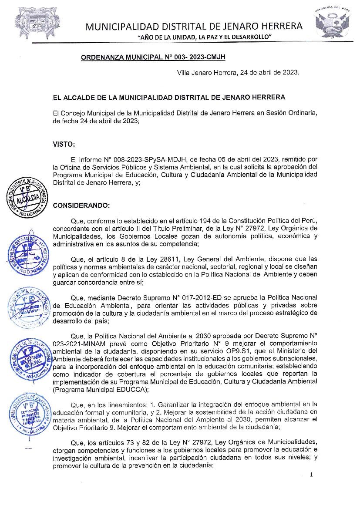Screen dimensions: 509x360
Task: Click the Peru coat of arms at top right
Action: [333, 24]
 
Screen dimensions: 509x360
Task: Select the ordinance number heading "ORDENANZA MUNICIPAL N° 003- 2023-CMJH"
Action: [153, 57]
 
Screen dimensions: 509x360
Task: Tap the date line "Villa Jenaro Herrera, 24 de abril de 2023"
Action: [238, 73]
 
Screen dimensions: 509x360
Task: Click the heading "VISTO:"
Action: [64, 144]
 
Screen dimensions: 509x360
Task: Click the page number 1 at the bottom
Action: [311, 475]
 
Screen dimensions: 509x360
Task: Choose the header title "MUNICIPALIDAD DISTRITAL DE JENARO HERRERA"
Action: [194, 26]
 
